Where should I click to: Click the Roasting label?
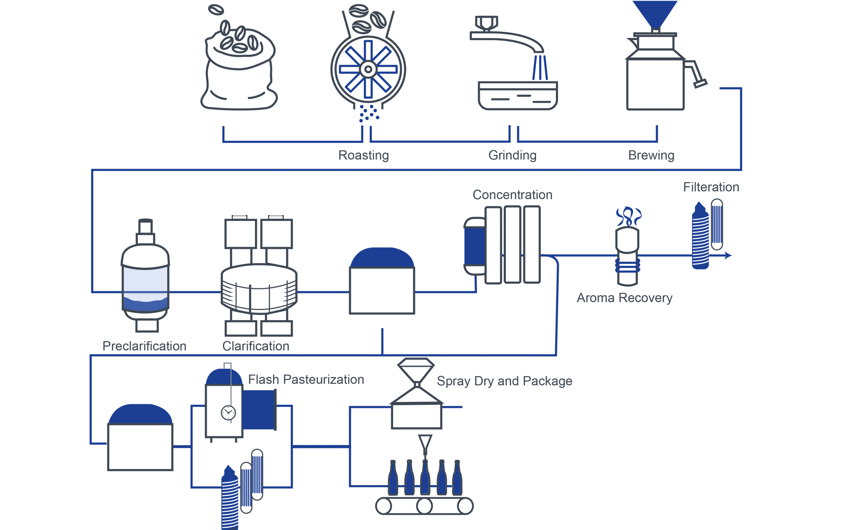363,155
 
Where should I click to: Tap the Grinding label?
512,155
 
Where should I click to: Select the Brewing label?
651,155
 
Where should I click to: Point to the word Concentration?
512,195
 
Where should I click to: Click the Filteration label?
711,187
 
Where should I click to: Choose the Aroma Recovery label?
624,298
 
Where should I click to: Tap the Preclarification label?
144,346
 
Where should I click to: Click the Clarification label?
256,346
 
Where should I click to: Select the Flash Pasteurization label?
306,379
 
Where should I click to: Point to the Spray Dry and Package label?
504,381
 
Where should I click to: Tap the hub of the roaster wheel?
368,69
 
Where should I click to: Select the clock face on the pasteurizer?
228,413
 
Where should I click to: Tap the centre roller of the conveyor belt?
424,506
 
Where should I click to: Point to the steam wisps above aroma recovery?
629,216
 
